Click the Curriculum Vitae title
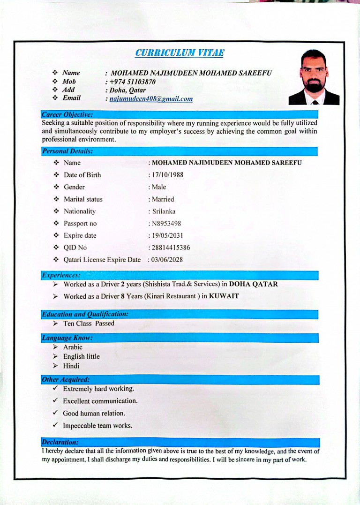point(179,53)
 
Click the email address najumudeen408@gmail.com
point(151,99)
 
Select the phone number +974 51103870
point(133,82)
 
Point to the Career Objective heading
point(67,114)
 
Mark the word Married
point(163,199)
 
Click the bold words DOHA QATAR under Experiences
point(253,284)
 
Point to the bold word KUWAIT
point(224,296)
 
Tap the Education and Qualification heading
point(85,314)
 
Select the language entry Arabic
point(73,347)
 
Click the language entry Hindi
point(71,366)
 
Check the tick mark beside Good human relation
point(55,413)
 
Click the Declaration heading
point(60,442)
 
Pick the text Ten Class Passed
point(89,324)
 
